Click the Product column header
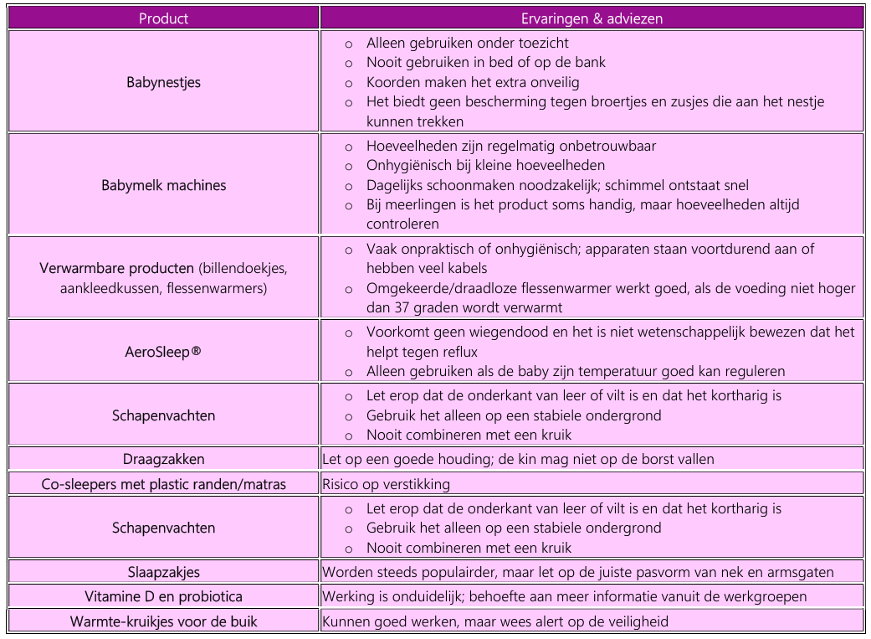(163, 18)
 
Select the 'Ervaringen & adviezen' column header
(592, 18)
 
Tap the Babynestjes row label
(163, 82)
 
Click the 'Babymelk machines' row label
(163, 185)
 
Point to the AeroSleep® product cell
(163, 352)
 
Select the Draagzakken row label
(163, 459)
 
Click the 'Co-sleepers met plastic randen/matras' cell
(163, 484)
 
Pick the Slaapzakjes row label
(163, 573)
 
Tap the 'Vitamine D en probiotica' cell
(163, 597)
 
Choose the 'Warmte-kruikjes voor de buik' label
(163, 621)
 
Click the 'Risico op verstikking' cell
(386, 484)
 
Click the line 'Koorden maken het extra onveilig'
(472, 82)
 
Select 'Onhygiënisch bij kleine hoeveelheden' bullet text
(485, 165)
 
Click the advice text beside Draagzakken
(518, 459)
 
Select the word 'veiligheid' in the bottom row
(637, 621)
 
